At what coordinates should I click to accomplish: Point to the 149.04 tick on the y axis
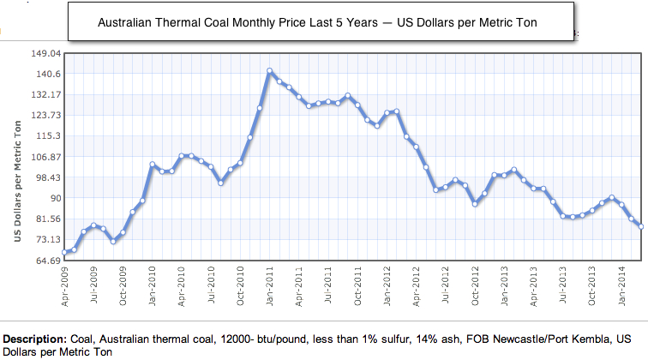(44, 53)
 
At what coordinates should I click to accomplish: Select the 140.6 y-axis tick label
(46, 74)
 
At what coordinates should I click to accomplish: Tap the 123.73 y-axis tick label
(44, 115)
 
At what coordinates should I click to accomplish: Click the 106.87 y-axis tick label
(44, 157)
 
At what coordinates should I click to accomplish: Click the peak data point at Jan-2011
(270, 71)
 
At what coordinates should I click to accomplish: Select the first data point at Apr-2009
(65, 252)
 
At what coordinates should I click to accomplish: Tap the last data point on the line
(640, 226)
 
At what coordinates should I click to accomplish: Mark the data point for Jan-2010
(153, 165)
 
